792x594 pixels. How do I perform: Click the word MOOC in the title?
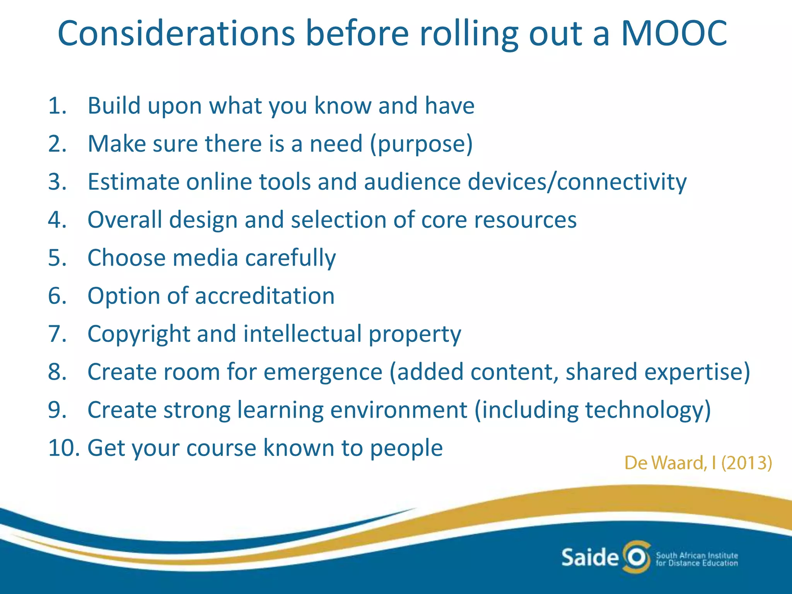674,34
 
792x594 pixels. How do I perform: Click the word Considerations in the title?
176,34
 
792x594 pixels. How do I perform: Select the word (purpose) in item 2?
421,144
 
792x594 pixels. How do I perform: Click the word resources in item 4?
525,220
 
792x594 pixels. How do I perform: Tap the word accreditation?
265,296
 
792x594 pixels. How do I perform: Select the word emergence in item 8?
323,372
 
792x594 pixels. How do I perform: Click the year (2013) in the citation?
747,463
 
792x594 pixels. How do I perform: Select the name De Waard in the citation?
663,463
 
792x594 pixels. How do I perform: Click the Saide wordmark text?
590,558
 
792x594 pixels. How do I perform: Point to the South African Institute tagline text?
696,559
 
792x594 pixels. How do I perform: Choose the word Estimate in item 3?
133,182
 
